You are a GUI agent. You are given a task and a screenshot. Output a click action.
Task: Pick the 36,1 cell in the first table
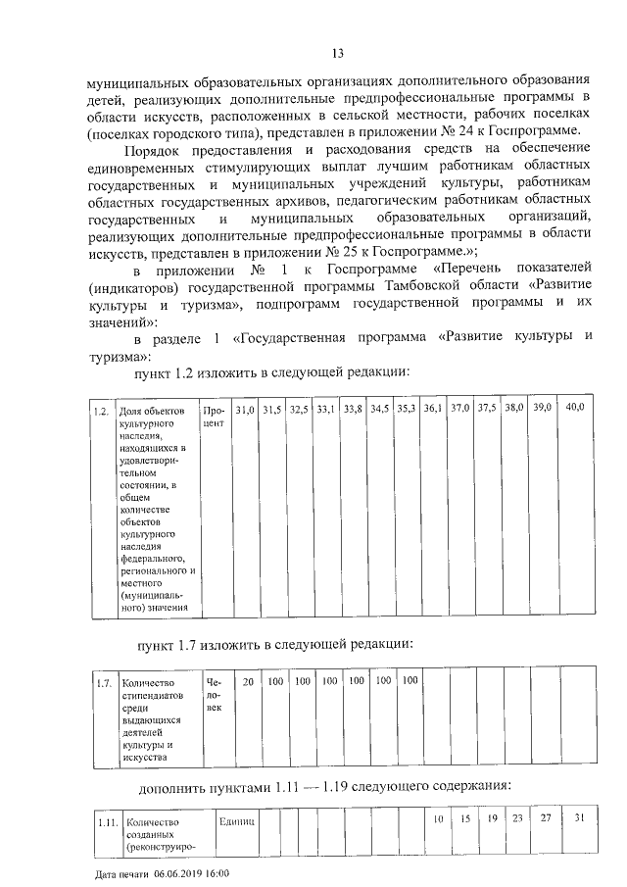pyautogui.click(x=433, y=408)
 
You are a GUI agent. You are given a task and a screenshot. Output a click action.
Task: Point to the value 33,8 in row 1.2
pyautogui.click(x=353, y=408)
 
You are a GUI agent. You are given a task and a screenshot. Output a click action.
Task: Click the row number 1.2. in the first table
pyautogui.click(x=100, y=411)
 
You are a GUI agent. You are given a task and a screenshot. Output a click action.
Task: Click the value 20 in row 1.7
pyautogui.click(x=249, y=680)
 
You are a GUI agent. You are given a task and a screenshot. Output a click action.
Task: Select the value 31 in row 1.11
pyautogui.click(x=579, y=817)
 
